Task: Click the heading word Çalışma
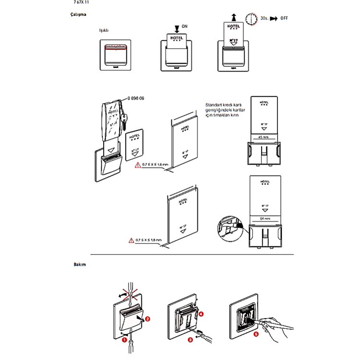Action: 78,15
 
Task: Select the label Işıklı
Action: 104,30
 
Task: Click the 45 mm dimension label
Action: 264,136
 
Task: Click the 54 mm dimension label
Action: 264,218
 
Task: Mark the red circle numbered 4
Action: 201,314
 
